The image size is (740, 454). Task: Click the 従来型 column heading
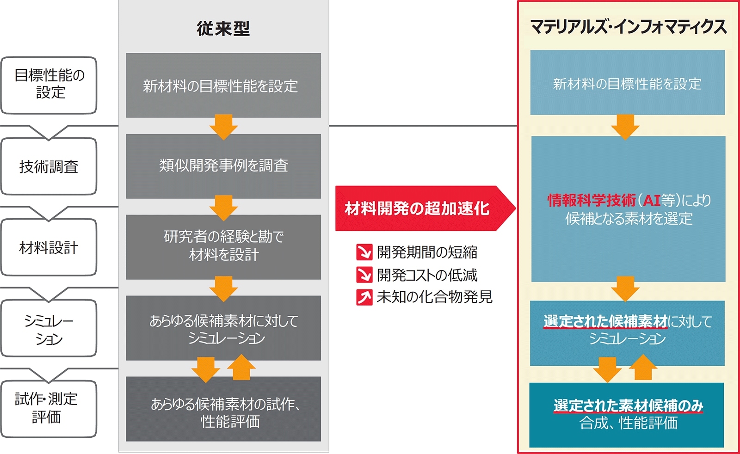coord(223,29)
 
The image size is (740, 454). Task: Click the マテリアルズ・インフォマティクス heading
coord(628,27)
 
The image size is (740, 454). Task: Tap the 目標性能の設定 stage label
coord(49,84)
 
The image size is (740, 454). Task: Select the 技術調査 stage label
coord(49,166)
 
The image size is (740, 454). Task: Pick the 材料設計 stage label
coord(49,248)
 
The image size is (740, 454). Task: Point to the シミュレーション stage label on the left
coord(49,329)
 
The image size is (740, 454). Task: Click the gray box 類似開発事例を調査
coord(223,166)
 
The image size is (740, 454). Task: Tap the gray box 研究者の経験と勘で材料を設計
coord(223,246)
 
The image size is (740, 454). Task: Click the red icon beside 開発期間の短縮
coord(364,252)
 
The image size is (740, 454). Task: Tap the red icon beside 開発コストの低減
coord(364,275)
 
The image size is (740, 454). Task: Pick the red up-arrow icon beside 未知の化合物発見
coord(364,297)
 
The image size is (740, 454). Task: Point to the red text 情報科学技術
coord(592,200)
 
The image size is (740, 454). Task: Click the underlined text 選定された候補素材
coord(605,321)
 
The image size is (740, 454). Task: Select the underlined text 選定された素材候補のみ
coord(628,405)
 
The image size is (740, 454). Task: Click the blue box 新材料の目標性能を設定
coord(627,83)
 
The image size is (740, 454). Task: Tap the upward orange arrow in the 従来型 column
coord(241,368)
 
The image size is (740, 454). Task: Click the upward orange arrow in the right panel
coord(643,368)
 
